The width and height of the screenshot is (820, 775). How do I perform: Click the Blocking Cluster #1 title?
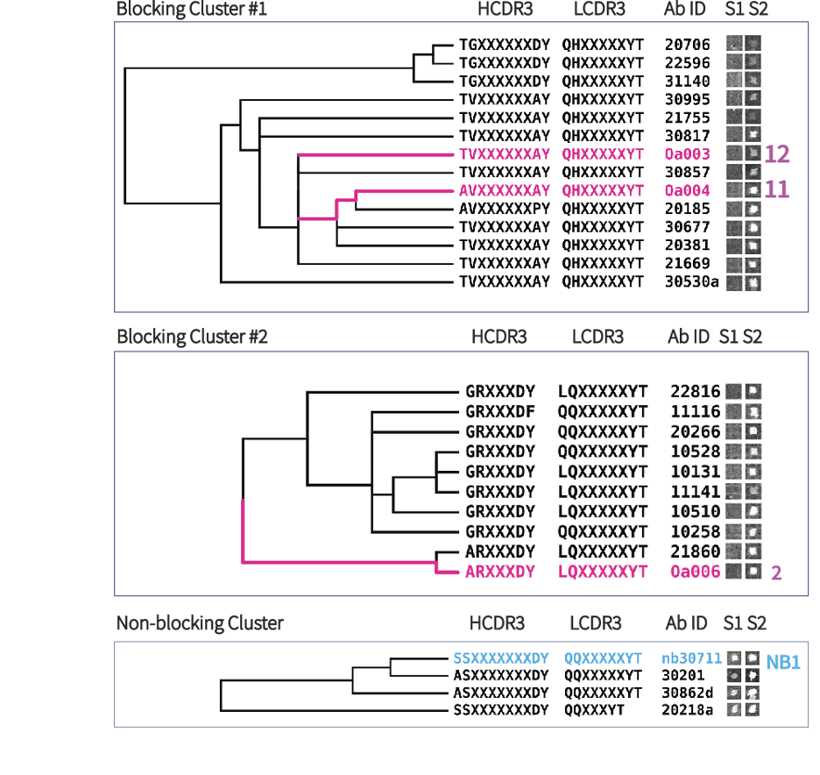click(192, 9)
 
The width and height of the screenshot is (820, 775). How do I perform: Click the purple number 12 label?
click(777, 154)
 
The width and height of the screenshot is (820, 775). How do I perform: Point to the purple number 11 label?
click(777, 190)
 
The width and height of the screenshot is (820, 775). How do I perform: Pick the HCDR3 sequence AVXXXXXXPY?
click(505, 209)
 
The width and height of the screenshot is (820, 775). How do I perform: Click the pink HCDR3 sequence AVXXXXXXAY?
click(505, 190)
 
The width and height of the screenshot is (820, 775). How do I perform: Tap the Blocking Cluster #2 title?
click(192, 337)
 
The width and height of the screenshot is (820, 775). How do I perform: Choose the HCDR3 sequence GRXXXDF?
click(500, 411)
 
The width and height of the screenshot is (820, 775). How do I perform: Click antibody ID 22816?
click(695, 391)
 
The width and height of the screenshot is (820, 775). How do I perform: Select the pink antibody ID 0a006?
click(695, 572)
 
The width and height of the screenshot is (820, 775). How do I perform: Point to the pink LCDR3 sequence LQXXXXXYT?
click(603, 572)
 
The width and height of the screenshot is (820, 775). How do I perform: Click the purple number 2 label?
click(775, 572)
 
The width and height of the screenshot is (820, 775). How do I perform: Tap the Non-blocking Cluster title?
click(200, 623)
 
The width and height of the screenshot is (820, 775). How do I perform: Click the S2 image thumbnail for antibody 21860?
click(753, 551)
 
